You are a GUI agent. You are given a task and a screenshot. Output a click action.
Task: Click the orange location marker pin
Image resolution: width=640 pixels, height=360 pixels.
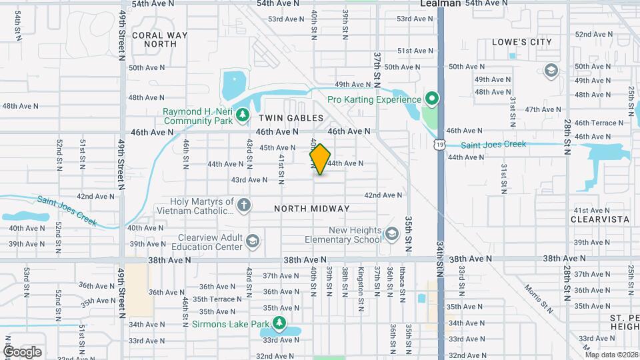coord(320,159)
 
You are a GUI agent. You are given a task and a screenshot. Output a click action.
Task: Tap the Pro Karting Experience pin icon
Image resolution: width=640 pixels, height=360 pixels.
coord(431,100)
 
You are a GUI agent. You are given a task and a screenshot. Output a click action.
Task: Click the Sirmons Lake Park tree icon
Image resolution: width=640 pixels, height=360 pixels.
coord(279,325)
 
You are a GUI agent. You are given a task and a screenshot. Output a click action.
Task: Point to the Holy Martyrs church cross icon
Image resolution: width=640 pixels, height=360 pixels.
coord(244,205)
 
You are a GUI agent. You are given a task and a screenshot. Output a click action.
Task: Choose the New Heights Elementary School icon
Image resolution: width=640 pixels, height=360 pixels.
coord(393,234)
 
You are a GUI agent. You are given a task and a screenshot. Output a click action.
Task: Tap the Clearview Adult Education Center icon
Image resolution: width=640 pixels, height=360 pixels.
coord(253,241)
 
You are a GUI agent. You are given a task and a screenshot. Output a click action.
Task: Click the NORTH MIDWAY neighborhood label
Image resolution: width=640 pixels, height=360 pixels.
coord(311,209)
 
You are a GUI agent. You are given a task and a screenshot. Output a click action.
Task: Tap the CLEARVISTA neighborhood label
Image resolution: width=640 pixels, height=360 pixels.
coord(600,219)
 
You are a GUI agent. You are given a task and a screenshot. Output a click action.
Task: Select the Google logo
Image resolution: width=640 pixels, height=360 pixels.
coord(21,352)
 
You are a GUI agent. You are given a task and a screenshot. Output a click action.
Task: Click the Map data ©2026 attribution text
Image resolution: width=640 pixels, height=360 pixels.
coord(611,354)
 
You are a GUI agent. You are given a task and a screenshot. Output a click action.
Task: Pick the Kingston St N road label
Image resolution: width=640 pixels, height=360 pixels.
coord(361,283)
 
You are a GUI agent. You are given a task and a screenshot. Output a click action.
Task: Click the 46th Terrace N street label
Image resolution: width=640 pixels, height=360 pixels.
coord(595,123)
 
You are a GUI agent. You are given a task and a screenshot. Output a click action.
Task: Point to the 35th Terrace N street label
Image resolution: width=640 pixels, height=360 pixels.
coord(217,299)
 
